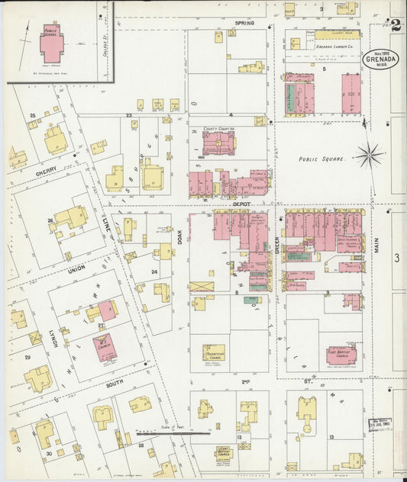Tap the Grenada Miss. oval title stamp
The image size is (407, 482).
(380, 59)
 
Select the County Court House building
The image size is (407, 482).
(218, 143)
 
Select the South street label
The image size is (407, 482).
(115, 384)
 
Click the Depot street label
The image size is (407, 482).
(243, 204)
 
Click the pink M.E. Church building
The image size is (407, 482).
(105, 347)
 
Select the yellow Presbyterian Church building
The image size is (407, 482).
(214, 352)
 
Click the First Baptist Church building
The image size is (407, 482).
(341, 355)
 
